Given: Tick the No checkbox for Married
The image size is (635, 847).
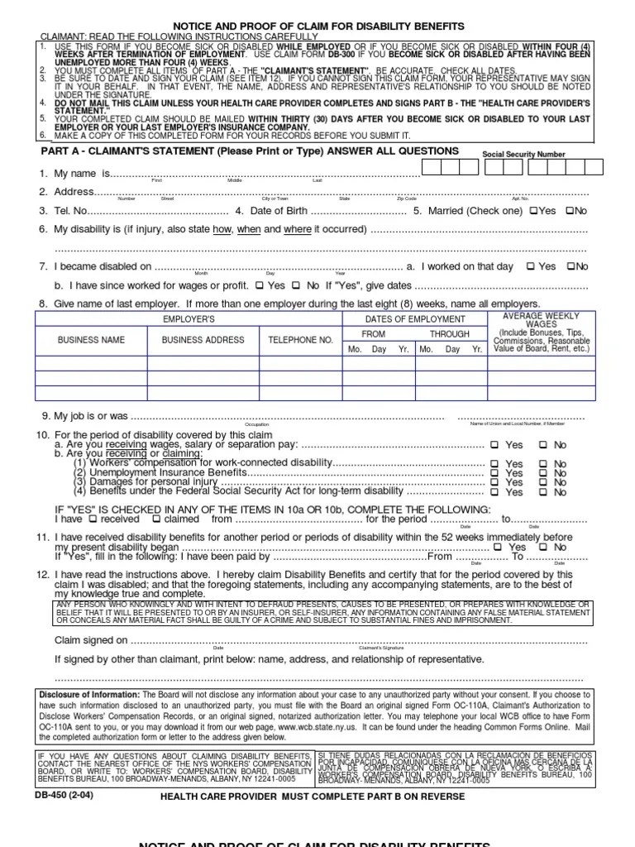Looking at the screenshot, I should click(569, 211).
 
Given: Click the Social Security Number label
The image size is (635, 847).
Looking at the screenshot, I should click(523, 155).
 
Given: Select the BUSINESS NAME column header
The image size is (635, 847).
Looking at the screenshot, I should click(91, 340).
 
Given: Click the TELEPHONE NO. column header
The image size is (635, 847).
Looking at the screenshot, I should click(300, 340).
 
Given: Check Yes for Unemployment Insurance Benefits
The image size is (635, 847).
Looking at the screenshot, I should click(494, 473).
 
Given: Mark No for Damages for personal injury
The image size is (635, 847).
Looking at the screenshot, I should click(543, 482).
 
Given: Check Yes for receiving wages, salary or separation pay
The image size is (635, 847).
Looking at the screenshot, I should click(494, 445).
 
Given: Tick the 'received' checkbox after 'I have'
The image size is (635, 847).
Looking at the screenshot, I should click(93, 519).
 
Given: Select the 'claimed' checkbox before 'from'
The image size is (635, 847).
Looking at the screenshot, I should click(156, 519).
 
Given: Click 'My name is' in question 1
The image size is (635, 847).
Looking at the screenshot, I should click(82, 175).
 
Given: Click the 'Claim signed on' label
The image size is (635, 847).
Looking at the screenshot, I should click(91, 639).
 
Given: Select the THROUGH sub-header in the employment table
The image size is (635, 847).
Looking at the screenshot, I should click(449, 334).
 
